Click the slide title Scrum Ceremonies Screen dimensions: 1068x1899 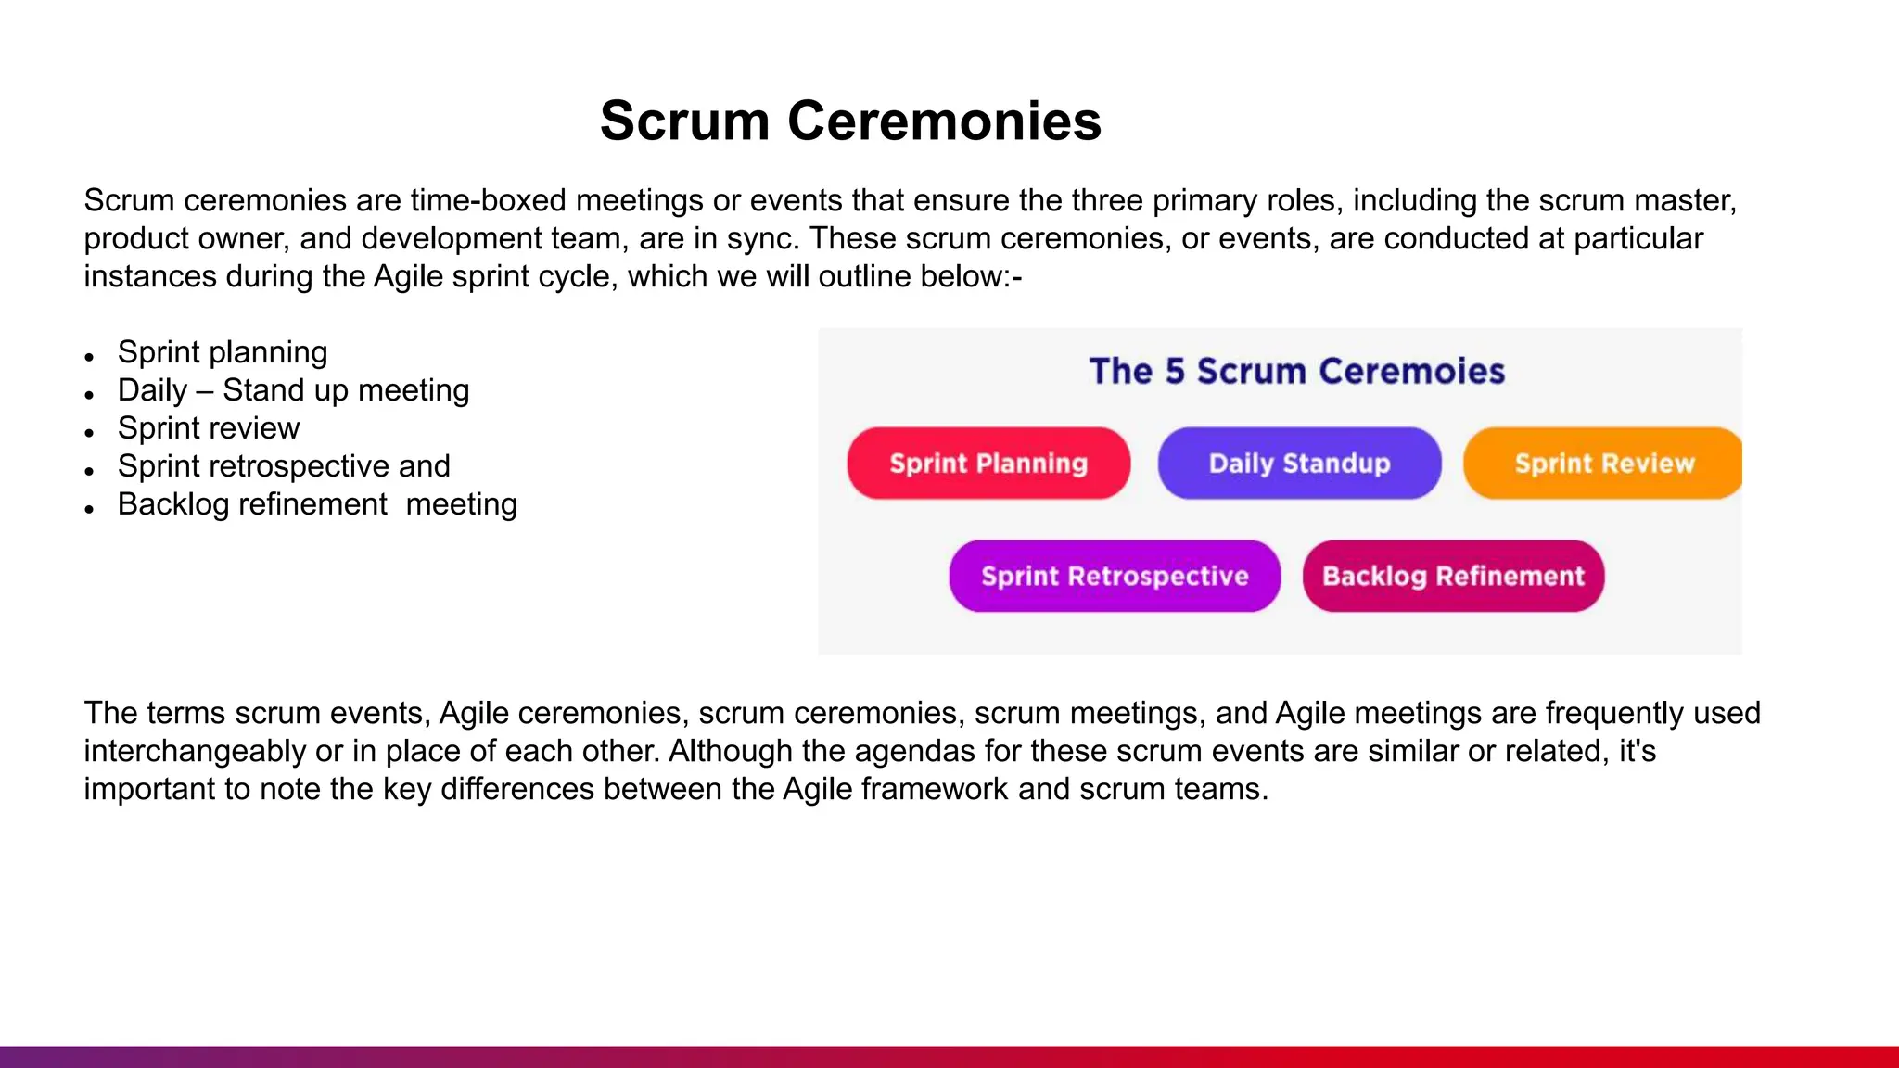coord(850,121)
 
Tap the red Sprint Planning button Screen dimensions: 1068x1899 coord(988,464)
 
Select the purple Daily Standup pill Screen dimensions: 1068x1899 coord(1299,464)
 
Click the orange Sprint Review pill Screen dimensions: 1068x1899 coord(1603,464)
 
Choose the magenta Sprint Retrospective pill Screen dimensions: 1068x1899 coord(1115,577)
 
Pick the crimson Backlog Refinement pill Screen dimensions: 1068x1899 coord(1453,577)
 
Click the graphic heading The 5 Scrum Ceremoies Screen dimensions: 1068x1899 coord(1296,371)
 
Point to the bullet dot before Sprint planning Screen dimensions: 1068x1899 coord(89,357)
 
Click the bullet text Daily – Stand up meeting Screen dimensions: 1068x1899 coord(293,390)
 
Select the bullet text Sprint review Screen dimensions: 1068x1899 coord(209,428)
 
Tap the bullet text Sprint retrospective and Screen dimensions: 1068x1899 coord(284,466)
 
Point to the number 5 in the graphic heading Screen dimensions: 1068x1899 coord(1175,371)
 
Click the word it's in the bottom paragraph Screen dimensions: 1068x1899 coord(1637,751)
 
